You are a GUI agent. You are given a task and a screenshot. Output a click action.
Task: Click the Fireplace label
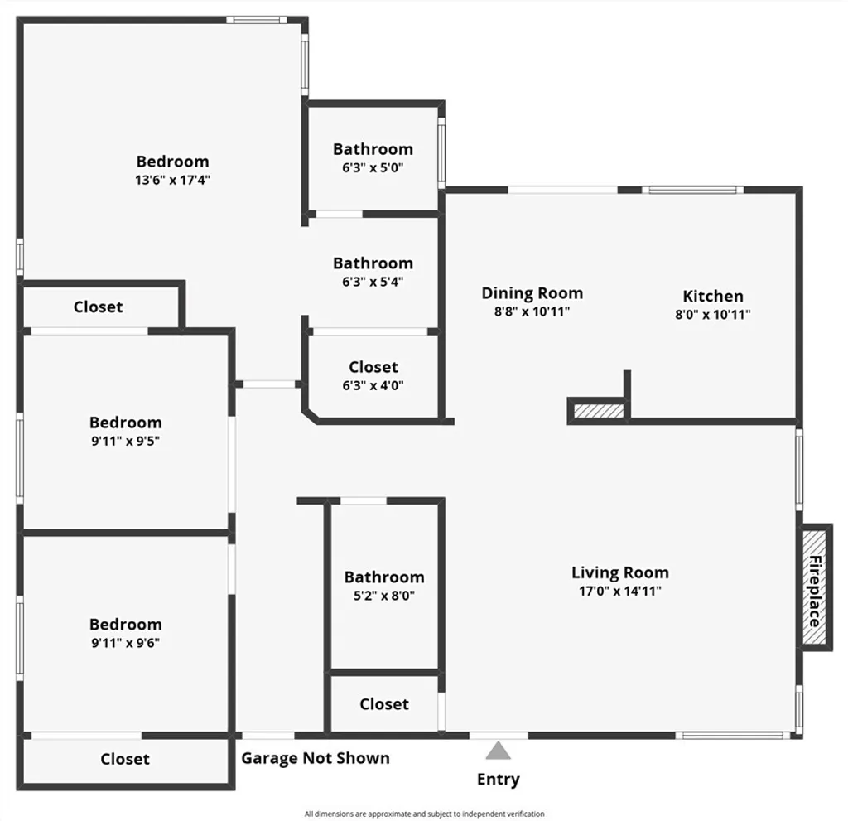[815, 591]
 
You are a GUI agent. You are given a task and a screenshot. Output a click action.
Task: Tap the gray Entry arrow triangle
[498, 751]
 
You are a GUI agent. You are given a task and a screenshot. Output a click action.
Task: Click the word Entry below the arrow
[498, 779]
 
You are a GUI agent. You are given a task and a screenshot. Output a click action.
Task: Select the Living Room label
[619, 572]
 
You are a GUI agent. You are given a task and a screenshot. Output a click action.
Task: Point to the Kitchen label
[712, 296]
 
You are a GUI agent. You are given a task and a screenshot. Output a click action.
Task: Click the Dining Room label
[532, 292]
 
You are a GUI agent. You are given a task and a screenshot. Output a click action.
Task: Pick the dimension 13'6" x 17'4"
[172, 180]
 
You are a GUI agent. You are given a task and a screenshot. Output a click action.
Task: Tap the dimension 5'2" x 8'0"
[383, 595]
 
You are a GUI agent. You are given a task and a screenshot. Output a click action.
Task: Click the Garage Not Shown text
[315, 757]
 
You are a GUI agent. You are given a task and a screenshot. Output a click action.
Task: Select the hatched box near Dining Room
[595, 411]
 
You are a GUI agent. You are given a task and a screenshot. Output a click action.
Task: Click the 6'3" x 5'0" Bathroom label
[373, 149]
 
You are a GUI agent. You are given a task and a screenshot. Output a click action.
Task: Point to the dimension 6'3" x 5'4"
[373, 281]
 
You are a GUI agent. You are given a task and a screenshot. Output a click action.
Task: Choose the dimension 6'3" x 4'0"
[373, 384]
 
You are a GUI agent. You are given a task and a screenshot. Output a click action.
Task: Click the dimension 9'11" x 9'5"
[125, 441]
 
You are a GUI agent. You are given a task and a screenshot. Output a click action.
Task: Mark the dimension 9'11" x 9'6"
[125, 642]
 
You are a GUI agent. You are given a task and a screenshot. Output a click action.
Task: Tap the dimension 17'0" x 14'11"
[619, 591]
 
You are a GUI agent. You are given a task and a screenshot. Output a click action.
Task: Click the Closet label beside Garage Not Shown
[125, 758]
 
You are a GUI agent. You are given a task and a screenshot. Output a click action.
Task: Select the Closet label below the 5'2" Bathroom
[383, 703]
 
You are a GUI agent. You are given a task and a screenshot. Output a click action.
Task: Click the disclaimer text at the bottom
[424, 814]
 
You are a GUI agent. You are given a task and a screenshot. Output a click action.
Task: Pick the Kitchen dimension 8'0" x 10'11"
[712, 314]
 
